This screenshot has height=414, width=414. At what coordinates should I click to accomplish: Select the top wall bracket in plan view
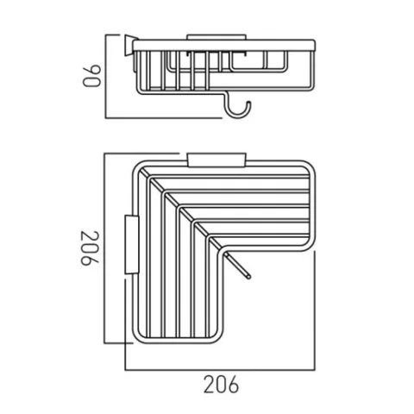216,159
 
